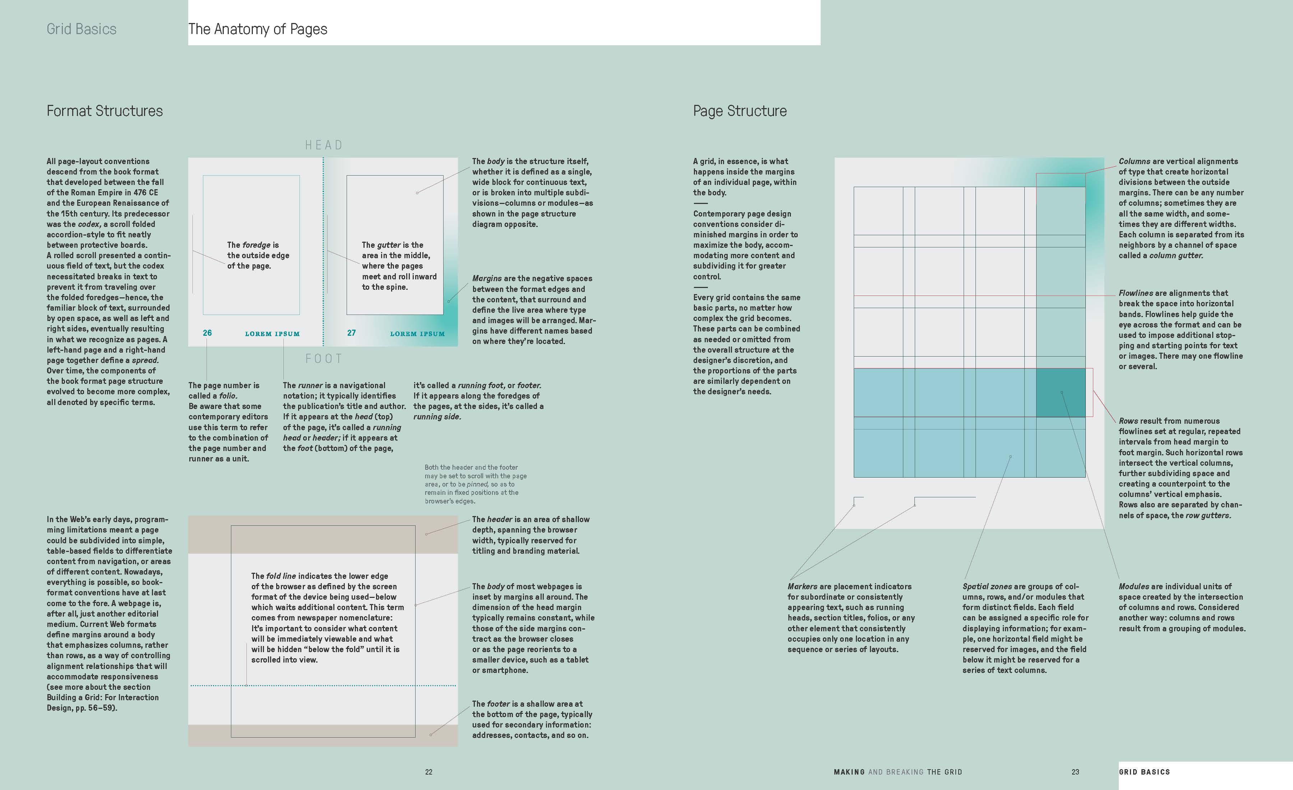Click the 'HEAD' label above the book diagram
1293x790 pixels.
point(324,145)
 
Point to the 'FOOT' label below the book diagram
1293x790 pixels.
point(324,359)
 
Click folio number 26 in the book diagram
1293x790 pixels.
point(207,333)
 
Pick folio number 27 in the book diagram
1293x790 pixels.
point(352,333)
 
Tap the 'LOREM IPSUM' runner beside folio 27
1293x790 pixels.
point(417,334)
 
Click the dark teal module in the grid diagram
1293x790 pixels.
point(1061,392)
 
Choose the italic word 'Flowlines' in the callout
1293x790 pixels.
point(1136,293)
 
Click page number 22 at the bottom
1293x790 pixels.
point(429,772)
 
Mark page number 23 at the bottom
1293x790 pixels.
point(1075,772)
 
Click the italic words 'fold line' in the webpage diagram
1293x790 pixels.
point(281,576)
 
